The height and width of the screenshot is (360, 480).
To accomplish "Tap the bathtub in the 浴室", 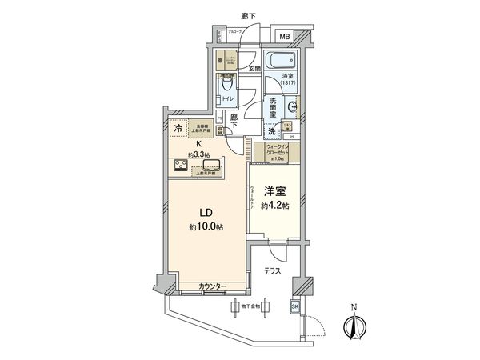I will [279, 61].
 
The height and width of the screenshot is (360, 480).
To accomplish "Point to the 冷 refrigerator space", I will [178, 127].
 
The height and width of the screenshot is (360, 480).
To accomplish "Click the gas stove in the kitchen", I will [180, 166].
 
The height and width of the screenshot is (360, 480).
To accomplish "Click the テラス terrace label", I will [273, 272].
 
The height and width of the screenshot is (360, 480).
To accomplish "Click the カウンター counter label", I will [213, 286].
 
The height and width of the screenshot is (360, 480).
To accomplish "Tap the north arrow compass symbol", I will [354, 325].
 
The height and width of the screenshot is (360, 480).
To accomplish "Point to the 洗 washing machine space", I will [272, 131].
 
